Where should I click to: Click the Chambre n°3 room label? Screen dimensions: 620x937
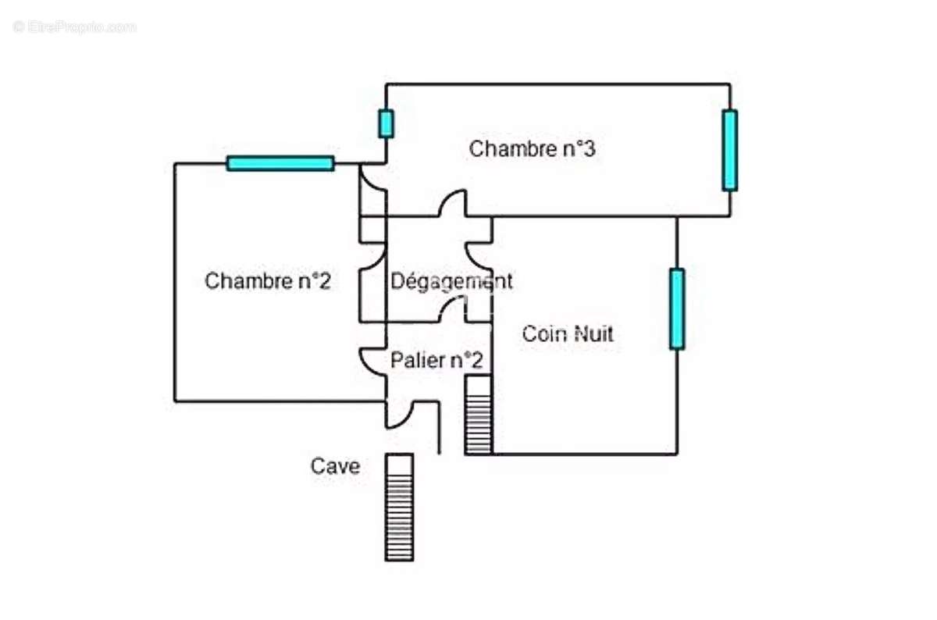[x=532, y=148]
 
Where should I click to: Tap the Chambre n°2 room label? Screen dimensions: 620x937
[x=267, y=281]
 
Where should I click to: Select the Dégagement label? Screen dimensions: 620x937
[x=451, y=281]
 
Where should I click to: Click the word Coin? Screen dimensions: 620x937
[x=545, y=334]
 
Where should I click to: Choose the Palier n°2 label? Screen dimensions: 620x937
[x=436, y=360]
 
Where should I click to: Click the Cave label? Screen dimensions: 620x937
[x=336, y=466]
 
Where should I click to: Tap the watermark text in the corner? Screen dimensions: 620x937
[x=75, y=27]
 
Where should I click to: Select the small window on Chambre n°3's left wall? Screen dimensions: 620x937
[x=386, y=123]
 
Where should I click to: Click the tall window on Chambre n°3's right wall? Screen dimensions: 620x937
[x=729, y=150]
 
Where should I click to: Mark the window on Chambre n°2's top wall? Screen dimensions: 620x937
[x=280, y=163]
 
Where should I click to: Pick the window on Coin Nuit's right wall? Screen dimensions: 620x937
[x=677, y=308]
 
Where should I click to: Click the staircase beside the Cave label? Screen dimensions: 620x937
[x=399, y=507]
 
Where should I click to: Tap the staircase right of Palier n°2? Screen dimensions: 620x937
[x=478, y=415]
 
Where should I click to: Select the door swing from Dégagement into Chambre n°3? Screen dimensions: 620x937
[x=453, y=205]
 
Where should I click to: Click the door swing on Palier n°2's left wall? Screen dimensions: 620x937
[x=373, y=361]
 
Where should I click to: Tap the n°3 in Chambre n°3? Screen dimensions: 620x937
[x=579, y=148]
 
